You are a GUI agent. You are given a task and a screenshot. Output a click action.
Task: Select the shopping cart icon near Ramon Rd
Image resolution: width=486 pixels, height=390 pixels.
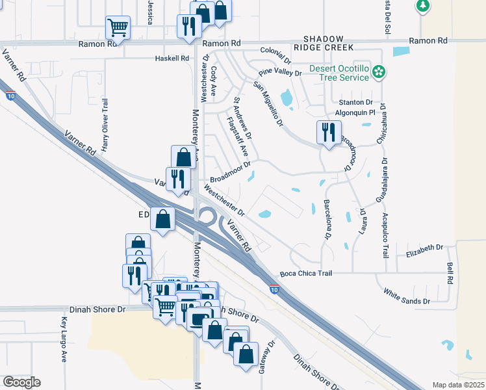(118, 27)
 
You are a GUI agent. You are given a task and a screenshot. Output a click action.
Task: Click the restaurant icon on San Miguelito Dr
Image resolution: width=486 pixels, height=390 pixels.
(328, 133)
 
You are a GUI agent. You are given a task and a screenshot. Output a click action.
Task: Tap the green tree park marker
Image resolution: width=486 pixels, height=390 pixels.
(423, 6)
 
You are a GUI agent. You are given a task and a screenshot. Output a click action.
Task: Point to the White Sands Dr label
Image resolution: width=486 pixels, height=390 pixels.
(407, 296)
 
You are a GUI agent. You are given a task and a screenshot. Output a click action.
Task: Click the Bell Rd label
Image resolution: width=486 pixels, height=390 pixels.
(450, 273)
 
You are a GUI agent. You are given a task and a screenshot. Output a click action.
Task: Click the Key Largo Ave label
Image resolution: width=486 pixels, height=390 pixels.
(64, 339)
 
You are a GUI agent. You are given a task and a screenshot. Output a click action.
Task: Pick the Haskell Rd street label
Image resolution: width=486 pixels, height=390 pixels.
(172, 58)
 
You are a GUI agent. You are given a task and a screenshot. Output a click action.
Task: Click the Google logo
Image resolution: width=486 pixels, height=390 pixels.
(21, 382)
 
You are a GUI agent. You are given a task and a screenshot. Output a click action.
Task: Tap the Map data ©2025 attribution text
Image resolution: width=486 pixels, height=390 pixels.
(458, 385)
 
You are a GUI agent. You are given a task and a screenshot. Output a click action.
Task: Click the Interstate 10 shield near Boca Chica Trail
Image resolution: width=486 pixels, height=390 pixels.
(275, 289)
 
